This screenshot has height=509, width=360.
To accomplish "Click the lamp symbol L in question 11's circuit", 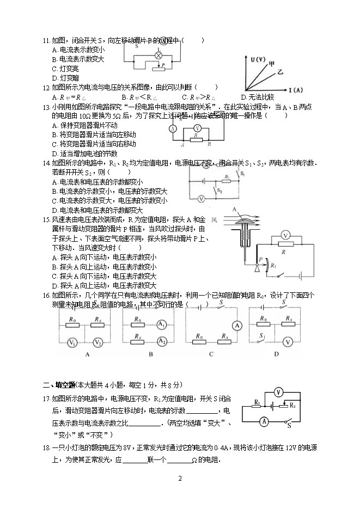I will (x=158, y=56).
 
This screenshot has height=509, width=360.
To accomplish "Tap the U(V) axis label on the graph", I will (x=258, y=59).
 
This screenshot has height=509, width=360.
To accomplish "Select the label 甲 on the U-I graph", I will (x=271, y=64).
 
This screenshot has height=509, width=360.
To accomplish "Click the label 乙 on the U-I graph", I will (x=280, y=71).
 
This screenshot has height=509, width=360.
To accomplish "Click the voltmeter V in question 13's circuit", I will (x=198, y=128).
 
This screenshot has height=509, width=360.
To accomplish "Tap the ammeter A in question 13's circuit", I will (x=173, y=128).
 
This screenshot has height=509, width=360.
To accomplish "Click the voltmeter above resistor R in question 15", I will (x=284, y=235).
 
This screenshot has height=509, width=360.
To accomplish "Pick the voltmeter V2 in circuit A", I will (x=98, y=342).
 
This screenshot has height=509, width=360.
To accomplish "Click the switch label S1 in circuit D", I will (x=263, y=336).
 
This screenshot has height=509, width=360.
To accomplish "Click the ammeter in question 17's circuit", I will (x=247, y=421).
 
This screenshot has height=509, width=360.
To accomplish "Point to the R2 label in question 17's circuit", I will (x=292, y=406).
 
